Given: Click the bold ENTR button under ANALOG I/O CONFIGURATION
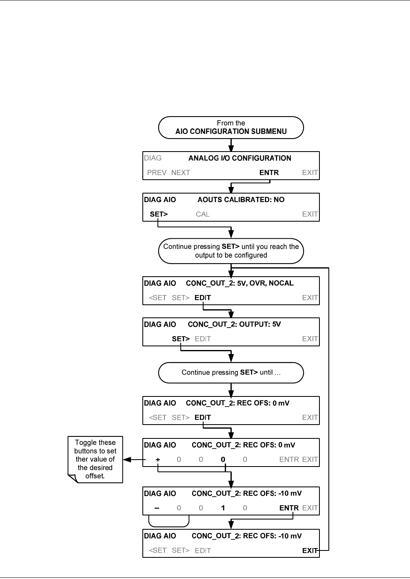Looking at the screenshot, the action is point(269,172).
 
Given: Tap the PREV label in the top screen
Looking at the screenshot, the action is point(157,172).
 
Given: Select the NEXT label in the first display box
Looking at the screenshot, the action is point(181,172).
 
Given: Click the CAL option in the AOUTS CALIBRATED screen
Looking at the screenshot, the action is point(203,214).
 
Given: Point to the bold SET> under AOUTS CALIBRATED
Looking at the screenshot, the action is point(159,214).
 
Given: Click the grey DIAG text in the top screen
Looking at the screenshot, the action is point(153,158).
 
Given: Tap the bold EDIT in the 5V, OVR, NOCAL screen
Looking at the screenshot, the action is point(203,297).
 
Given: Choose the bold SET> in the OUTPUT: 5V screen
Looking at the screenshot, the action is point(181,339).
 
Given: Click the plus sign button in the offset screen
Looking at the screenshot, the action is point(158,460).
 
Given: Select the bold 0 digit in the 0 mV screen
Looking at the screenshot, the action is point(223,459).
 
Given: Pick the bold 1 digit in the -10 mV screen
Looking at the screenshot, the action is point(223,508).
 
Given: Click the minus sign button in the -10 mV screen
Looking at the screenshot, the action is point(157,508).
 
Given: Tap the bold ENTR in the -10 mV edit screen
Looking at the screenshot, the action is point(289,508).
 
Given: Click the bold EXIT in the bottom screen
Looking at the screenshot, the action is point(310,550).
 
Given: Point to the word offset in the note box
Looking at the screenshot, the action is point(95,476).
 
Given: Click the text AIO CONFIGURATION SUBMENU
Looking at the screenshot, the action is point(231,131).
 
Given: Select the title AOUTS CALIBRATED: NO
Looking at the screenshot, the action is point(241,200).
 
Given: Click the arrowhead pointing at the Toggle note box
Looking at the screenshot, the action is point(127,460).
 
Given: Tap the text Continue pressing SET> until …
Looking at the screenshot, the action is point(231,372).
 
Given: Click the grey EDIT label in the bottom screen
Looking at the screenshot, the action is point(203,550).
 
